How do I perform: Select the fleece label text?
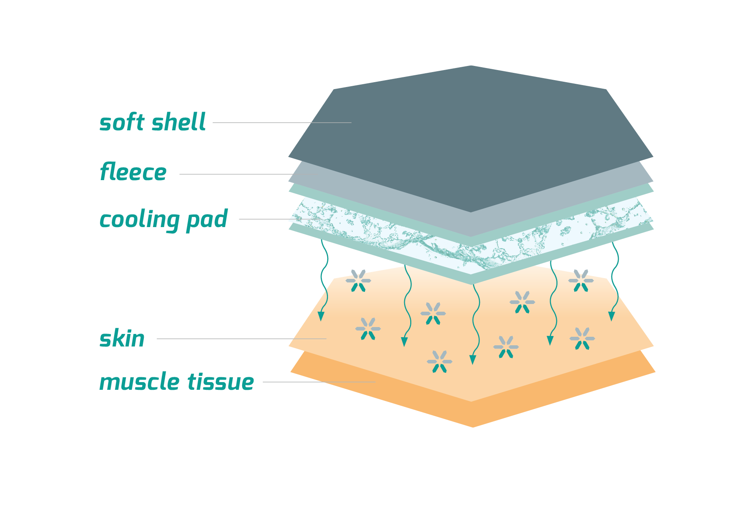point(133,172)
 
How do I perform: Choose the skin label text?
point(122,339)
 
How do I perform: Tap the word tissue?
point(220,382)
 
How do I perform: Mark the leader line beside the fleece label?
point(235,174)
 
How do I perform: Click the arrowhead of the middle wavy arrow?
point(472,359)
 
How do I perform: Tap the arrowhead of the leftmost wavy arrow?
point(321,316)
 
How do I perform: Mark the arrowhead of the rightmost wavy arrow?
point(611,316)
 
